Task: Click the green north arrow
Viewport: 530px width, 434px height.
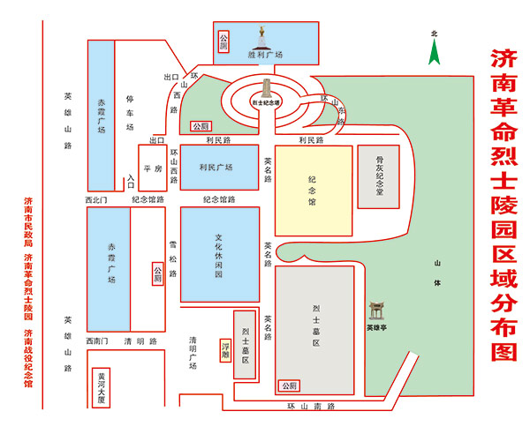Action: (434, 52)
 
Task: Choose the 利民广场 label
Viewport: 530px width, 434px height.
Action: (216, 168)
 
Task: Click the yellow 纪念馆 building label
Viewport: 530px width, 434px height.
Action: (312, 190)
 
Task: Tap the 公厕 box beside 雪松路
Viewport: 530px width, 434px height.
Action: (157, 273)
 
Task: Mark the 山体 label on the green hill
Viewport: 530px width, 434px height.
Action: (436, 273)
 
